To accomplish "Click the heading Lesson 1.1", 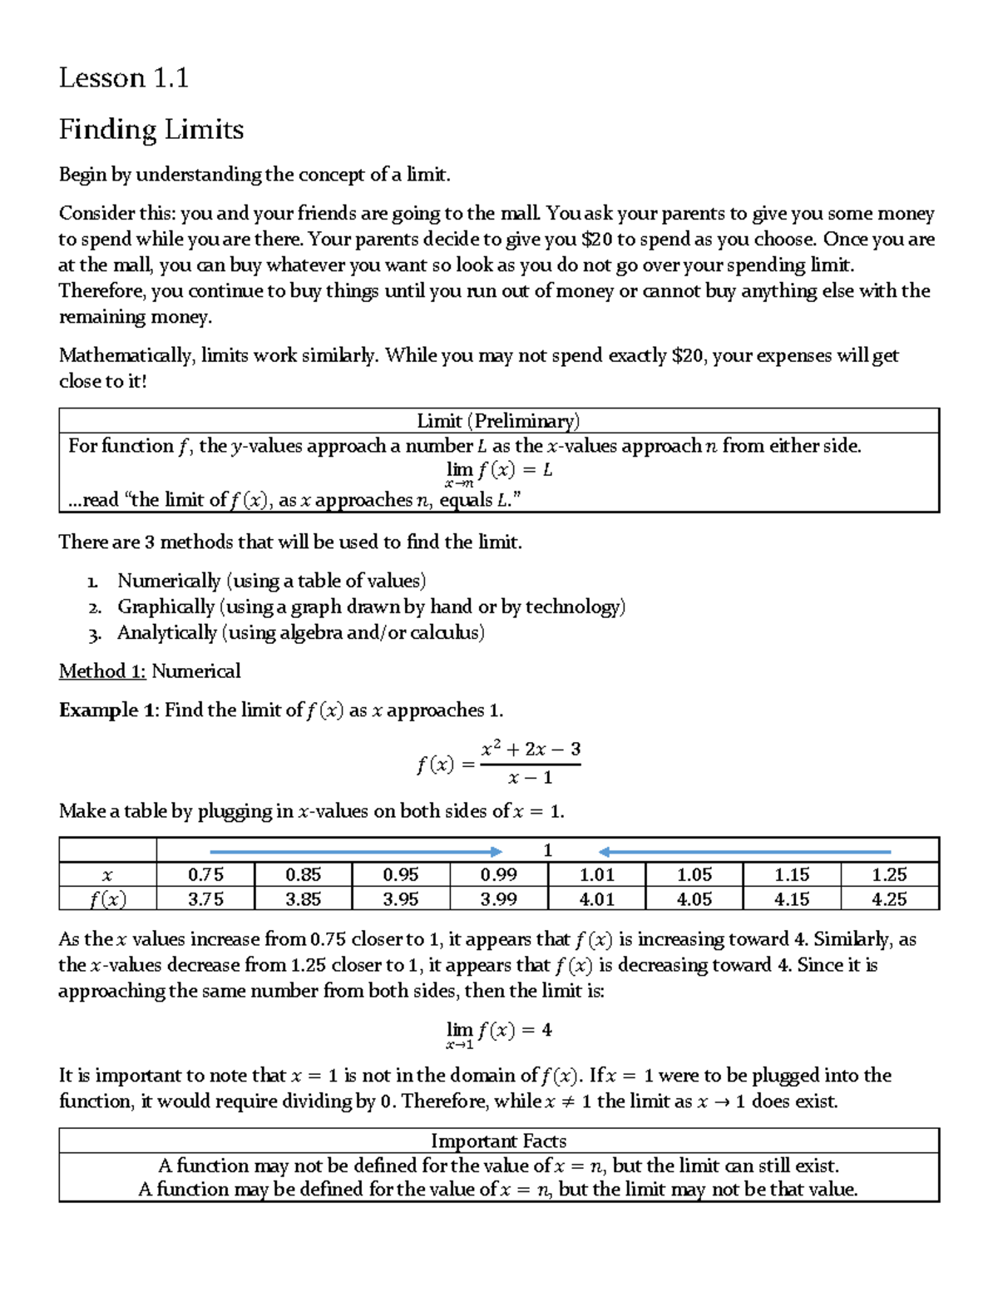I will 123,78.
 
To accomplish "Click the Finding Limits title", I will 151,130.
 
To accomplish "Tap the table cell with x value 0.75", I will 205,874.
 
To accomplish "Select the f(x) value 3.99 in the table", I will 498,898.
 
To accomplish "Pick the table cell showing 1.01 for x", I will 596,874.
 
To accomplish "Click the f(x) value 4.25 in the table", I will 889,898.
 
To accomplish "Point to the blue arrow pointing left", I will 744,851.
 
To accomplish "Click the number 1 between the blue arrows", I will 547,850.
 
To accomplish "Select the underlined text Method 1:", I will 102,671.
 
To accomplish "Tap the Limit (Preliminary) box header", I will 498,421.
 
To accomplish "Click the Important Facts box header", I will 498,1141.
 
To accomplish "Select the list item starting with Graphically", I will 370,606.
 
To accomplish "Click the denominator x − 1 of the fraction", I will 531,778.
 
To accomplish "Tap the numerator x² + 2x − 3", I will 531,749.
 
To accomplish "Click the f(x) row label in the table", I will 108,898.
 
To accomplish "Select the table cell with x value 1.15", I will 792,874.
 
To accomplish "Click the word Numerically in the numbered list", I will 169,581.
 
